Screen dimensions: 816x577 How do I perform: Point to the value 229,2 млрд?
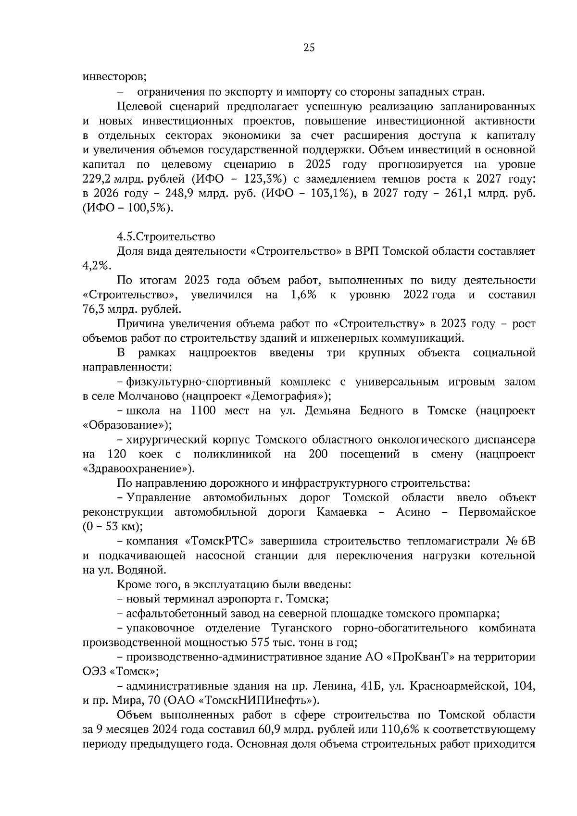[113, 179]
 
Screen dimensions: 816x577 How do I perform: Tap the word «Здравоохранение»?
[135, 469]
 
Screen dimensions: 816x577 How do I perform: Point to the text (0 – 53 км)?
[113, 527]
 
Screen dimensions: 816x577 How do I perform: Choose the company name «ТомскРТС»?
[219, 541]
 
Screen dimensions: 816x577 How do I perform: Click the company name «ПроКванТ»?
[420, 657]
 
